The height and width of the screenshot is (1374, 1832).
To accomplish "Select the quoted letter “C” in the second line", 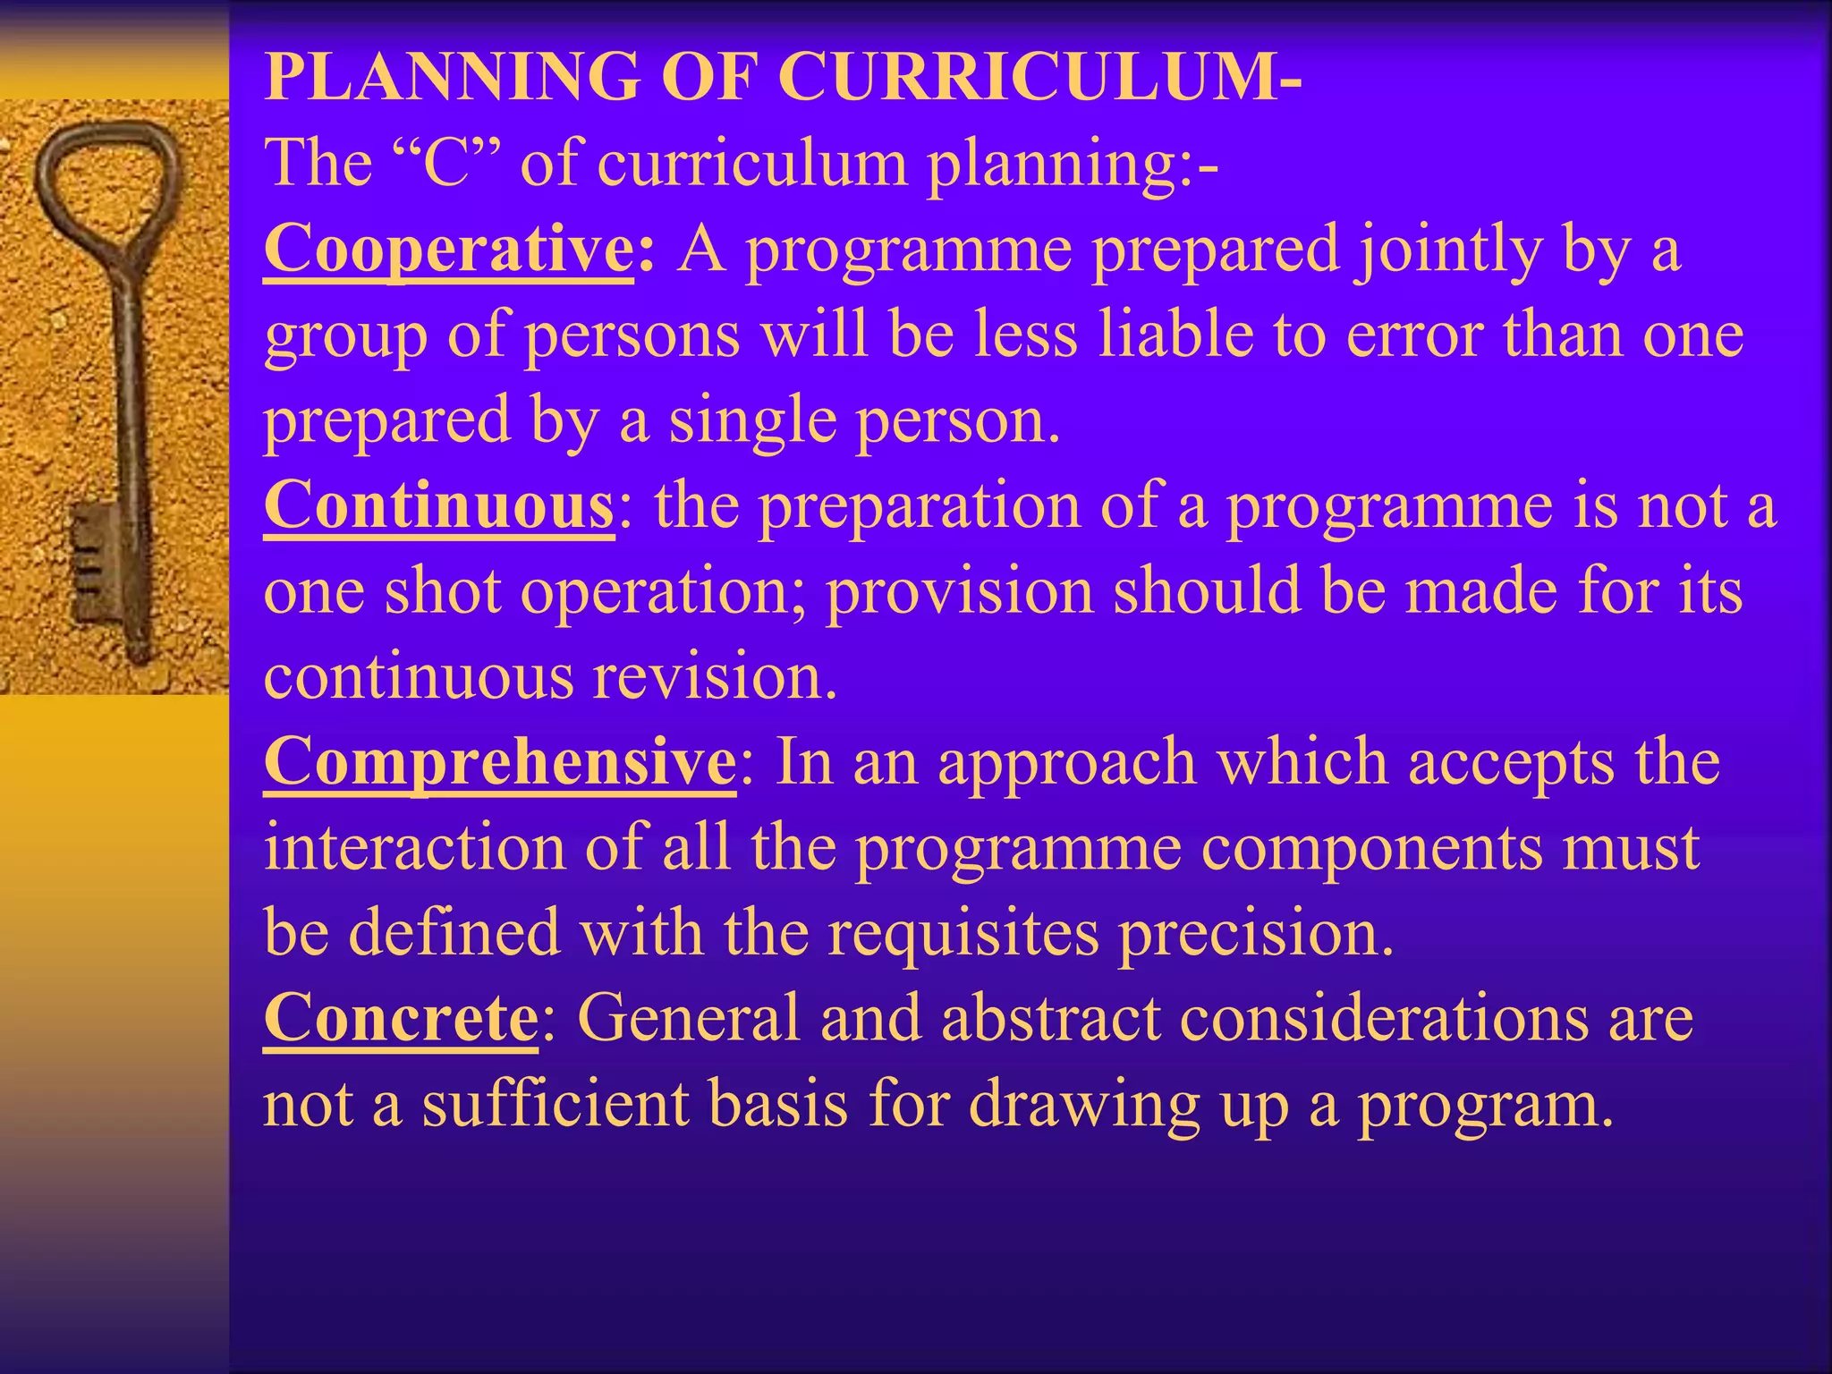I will [x=446, y=164].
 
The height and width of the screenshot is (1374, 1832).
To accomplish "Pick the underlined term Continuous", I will [x=439, y=506].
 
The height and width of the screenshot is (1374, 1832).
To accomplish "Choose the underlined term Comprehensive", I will [x=500, y=762].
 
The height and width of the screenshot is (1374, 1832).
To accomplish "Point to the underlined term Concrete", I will [x=401, y=1019].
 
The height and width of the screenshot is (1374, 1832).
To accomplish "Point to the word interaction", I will [x=415, y=848].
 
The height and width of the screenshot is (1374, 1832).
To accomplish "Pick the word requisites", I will [x=963, y=933].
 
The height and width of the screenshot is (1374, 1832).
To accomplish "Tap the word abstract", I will [x=1050, y=1019].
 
